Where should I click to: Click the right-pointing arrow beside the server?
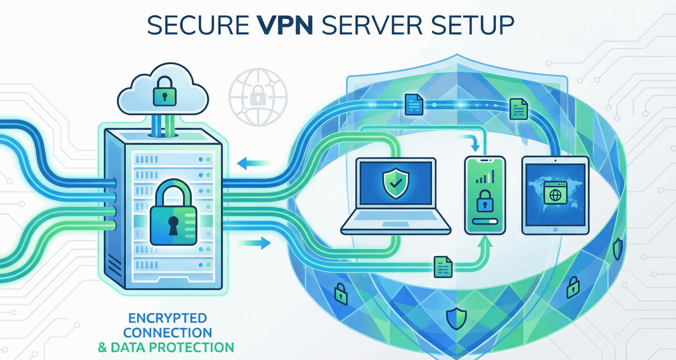coord(254,243)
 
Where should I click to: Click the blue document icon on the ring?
coord(414,104)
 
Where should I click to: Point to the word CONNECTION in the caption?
coord(168,332)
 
